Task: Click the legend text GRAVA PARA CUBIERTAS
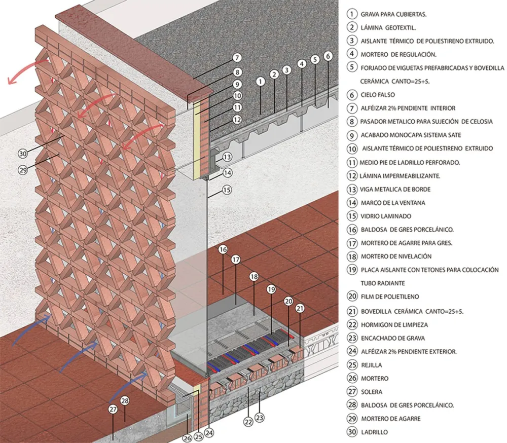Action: [x=393, y=14]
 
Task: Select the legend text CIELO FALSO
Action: [x=378, y=95]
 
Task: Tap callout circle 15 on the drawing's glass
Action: [x=227, y=191]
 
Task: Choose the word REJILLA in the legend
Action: [x=372, y=365]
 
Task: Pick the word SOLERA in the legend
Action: [x=372, y=392]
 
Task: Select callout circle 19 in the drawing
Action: [x=271, y=290]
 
